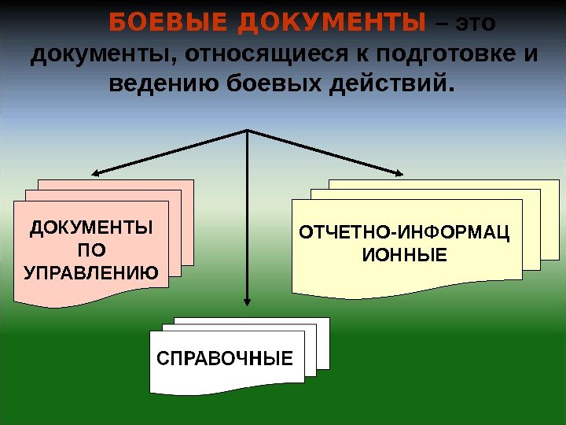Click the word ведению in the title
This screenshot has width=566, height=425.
[x=158, y=83]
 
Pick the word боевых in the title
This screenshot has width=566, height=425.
[x=268, y=83]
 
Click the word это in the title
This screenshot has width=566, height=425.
[x=476, y=24]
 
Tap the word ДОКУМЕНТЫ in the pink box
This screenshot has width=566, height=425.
[x=91, y=229]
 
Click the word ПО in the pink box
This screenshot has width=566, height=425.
[x=91, y=251]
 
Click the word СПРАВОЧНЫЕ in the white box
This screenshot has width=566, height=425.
[x=225, y=360]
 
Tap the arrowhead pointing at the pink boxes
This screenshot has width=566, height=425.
[x=96, y=174]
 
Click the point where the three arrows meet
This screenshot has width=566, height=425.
[x=248, y=130]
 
